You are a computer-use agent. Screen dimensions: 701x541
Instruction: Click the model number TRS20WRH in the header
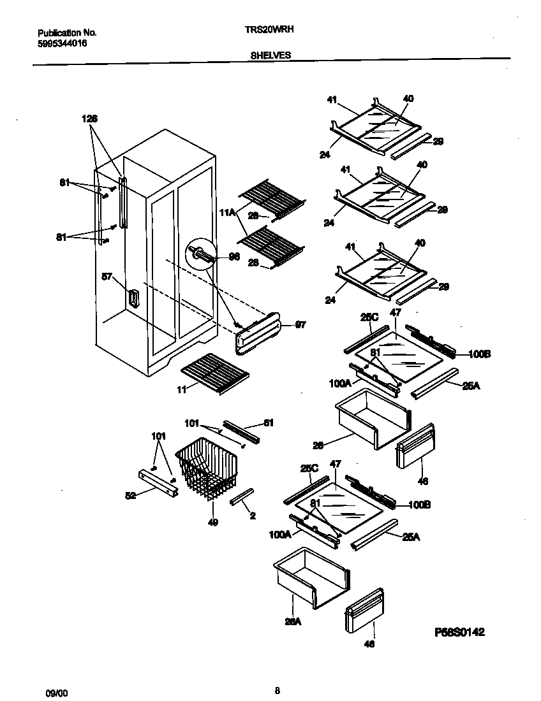[269, 29]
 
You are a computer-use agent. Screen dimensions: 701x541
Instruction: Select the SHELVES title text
[270, 55]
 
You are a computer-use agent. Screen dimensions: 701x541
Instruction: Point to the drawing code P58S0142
[459, 632]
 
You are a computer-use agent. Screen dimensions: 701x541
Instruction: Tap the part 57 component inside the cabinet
[134, 298]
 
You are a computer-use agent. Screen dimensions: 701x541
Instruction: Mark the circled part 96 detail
[198, 254]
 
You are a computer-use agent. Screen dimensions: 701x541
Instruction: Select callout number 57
[107, 277]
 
